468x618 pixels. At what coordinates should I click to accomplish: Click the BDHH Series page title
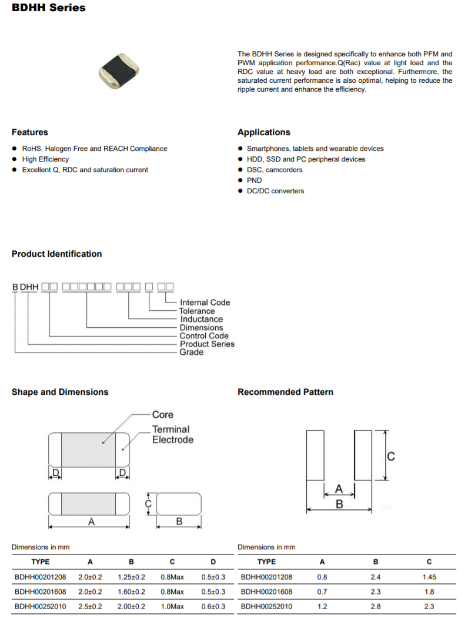click(x=48, y=8)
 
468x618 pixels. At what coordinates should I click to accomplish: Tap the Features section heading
click(x=30, y=132)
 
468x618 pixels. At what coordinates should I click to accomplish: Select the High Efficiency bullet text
click(x=45, y=159)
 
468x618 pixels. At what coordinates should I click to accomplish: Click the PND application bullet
click(x=254, y=180)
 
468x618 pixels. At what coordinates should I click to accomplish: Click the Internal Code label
click(x=205, y=303)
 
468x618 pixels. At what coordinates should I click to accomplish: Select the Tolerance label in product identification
click(x=197, y=311)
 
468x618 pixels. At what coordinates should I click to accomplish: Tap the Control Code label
click(x=204, y=336)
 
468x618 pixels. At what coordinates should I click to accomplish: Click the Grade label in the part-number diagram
click(x=192, y=352)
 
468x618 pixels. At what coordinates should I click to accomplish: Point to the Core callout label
click(x=163, y=415)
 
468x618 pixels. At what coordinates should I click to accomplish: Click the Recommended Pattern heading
click(x=285, y=392)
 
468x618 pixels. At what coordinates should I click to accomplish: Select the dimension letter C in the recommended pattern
click(x=390, y=456)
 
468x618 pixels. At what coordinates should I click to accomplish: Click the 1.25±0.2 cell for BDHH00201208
click(x=132, y=577)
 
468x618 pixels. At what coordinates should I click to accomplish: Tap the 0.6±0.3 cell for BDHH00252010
click(x=213, y=606)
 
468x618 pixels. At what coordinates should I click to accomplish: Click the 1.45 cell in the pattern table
click(x=429, y=577)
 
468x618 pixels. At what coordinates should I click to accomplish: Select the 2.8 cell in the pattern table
click(x=376, y=606)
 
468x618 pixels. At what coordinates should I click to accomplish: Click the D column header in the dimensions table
click(x=213, y=562)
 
